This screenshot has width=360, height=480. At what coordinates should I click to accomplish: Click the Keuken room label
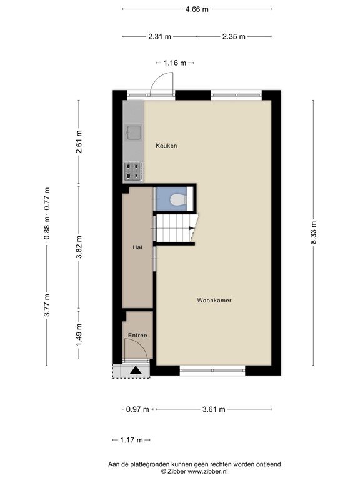pos(167,146)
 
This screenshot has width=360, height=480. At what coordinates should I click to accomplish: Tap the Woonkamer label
pos(214,301)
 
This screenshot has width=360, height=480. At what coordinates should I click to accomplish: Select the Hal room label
pos(137,247)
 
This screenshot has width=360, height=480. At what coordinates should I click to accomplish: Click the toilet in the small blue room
pos(178,201)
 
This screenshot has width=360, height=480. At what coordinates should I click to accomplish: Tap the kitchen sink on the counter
pos(134,132)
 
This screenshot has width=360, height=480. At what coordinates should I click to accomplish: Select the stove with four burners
pos(134,169)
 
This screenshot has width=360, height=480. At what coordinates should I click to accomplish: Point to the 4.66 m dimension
pos(197,9)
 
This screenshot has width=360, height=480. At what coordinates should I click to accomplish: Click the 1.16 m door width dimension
pos(175,62)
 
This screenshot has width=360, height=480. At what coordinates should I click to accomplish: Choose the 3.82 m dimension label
pos(79,247)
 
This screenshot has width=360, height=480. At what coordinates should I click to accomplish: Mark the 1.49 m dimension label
pos(79,334)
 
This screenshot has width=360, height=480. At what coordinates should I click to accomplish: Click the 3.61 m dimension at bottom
pos(214,410)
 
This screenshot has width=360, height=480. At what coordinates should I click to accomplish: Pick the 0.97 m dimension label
pos(137,410)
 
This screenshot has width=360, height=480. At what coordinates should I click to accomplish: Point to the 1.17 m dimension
pos(131,441)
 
